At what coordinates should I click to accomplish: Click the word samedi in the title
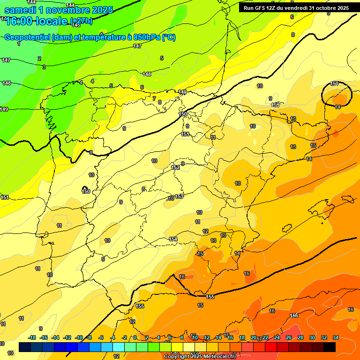pyautogui.click(x=23, y=9)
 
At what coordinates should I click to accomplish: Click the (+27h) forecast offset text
pyautogui.click(x=81, y=21)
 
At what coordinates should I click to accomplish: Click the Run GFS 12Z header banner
pyautogui.click(x=296, y=8)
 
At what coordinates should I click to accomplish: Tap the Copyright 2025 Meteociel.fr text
pyautogui.click(x=200, y=357)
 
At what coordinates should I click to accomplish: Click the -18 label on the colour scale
pyautogui.click(x=32, y=338)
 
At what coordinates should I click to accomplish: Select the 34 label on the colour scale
pyautogui.click(x=336, y=338)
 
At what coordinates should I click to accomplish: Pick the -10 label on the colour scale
pyautogui.click(x=79, y=338)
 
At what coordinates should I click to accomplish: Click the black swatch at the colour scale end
pyautogui.click(x=330, y=347)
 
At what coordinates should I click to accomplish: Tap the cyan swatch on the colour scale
pyautogui.click(x=119, y=347)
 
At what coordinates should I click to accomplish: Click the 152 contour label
pyautogui.click(x=175, y=167)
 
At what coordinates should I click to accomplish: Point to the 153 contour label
pyautogui.click(x=179, y=196)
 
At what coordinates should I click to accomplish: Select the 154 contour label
pyautogui.click(x=173, y=240)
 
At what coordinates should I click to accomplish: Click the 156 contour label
pyautogui.click(x=294, y=315)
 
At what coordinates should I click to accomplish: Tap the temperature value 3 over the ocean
pyautogui.click(x=44, y=67)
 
